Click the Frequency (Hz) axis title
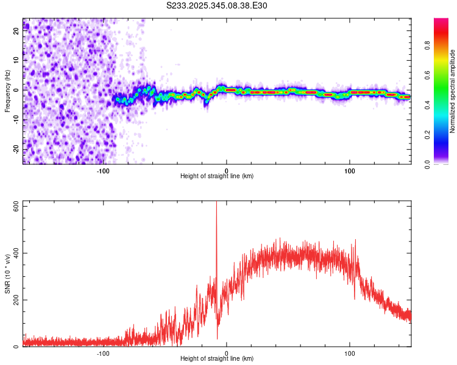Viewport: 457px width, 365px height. coord(7,91)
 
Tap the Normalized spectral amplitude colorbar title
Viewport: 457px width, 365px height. coord(452,91)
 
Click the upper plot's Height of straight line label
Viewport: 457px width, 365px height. coord(217,176)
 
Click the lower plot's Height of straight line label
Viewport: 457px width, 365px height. coord(217,359)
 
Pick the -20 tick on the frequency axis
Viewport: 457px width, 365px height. coord(16,149)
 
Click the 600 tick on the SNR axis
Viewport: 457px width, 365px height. coord(16,207)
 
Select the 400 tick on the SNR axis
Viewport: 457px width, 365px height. coord(16,253)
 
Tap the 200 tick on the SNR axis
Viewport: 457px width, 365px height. coord(16,300)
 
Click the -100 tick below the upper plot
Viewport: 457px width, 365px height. coord(103,171)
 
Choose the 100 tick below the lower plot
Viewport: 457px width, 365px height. coord(350,353)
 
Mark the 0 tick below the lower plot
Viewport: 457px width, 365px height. coord(227,353)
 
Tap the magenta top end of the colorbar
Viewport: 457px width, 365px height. coord(441,21)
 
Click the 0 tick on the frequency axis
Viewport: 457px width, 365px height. coord(16,90)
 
